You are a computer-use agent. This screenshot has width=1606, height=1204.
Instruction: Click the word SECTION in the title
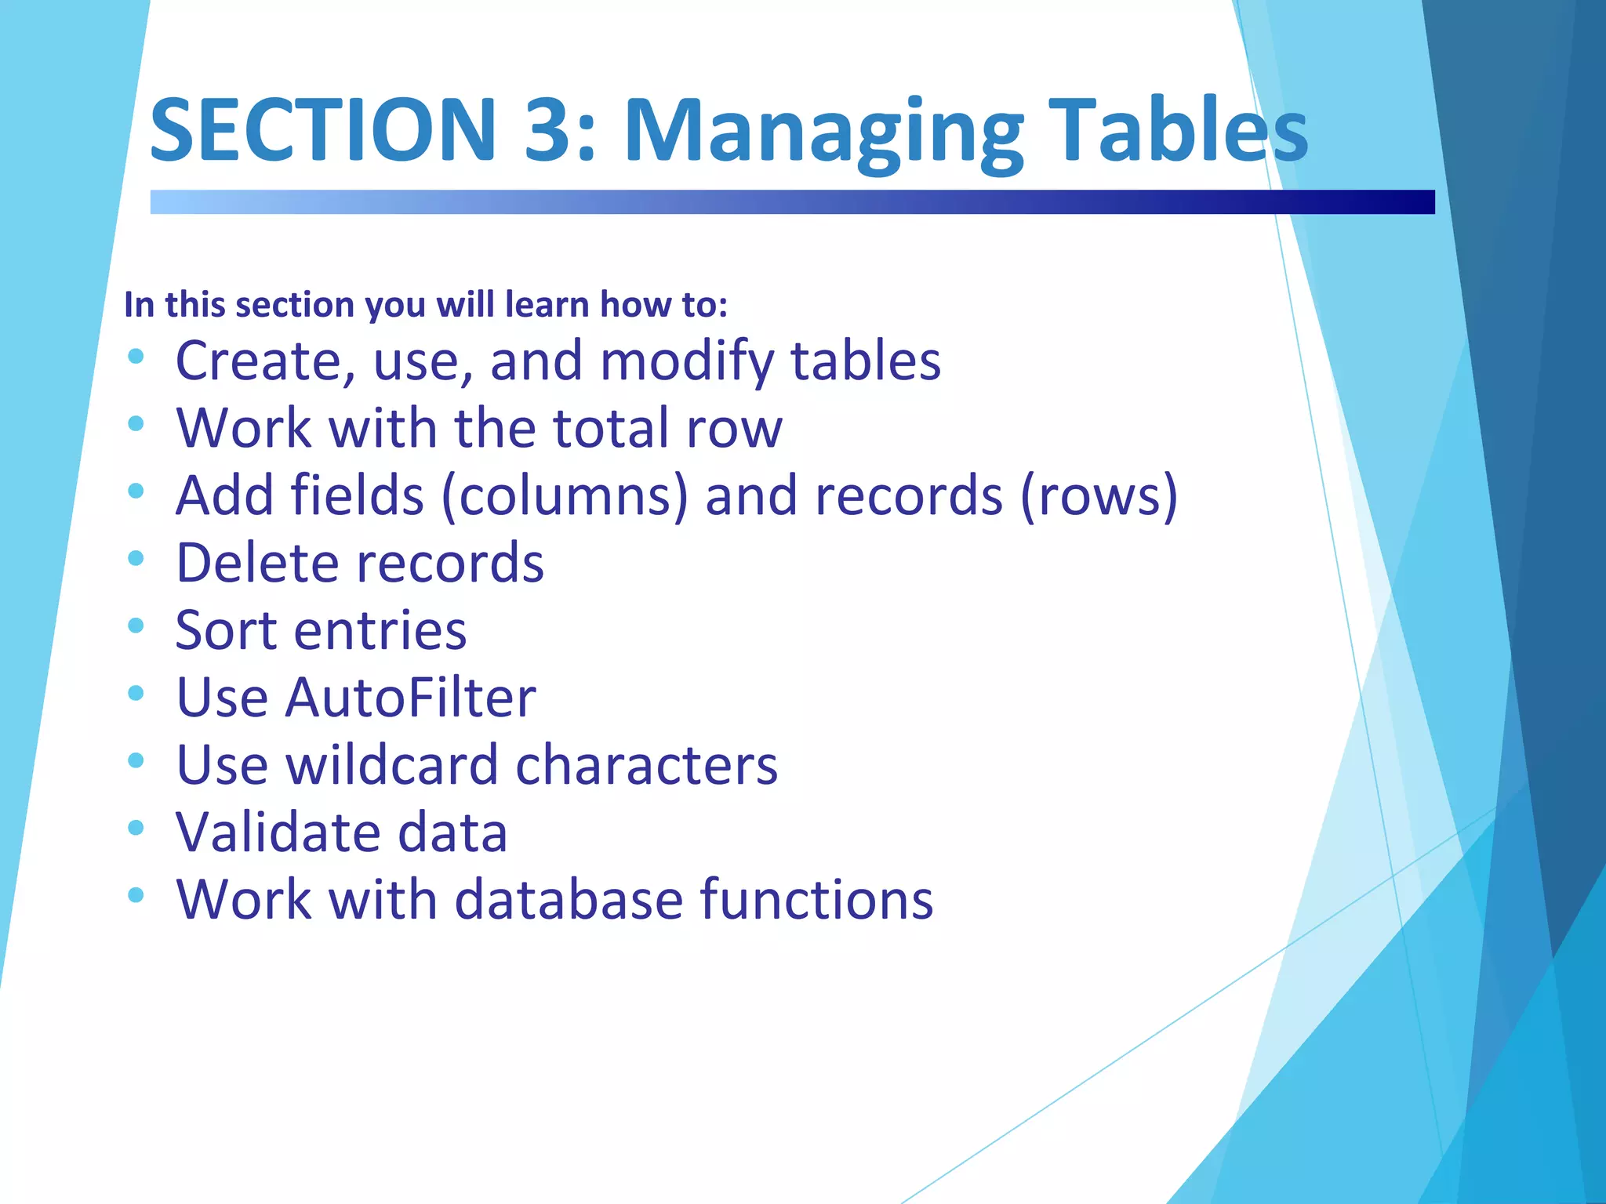(x=322, y=129)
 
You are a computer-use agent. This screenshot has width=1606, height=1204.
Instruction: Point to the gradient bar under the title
(x=792, y=201)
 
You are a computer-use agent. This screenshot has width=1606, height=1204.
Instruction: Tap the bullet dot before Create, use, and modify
(x=136, y=357)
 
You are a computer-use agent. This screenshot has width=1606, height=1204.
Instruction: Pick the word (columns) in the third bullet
(x=565, y=496)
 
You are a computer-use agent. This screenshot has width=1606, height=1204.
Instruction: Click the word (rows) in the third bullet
(x=1099, y=496)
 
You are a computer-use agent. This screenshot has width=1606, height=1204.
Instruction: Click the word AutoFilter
(x=411, y=698)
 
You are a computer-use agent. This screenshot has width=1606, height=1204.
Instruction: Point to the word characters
(x=647, y=765)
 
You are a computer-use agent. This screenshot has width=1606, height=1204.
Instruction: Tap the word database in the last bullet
(x=569, y=899)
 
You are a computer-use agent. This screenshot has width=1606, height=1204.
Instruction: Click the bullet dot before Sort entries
(x=136, y=626)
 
